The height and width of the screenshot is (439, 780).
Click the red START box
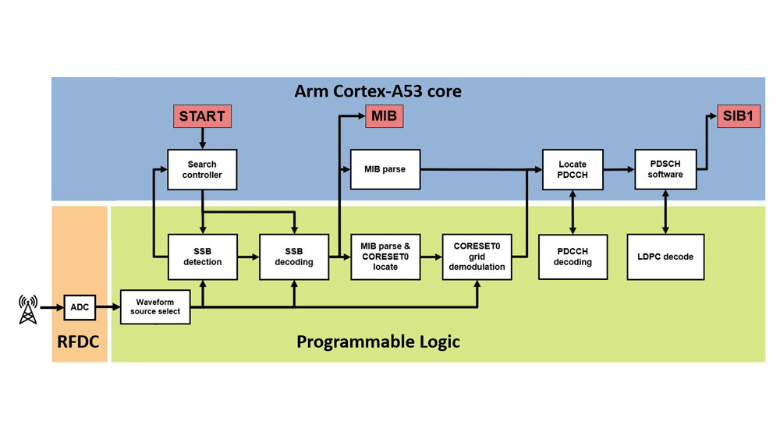[x=202, y=116]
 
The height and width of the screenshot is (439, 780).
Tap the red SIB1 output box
[x=739, y=117]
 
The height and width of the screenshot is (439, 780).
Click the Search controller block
[x=202, y=169]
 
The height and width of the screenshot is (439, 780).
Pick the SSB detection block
[x=202, y=257]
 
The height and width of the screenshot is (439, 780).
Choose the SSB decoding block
[x=294, y=257]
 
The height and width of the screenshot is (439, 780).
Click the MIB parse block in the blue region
[x=385, y=169]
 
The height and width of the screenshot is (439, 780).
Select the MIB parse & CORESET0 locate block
[x=385, y=257]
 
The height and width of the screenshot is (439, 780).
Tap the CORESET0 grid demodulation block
[x=477, y=257]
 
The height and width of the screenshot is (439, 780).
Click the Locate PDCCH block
[x=573, y=169]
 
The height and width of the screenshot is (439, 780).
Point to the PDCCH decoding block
[x=573, y=257]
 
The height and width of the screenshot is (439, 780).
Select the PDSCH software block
[x=665, y=169]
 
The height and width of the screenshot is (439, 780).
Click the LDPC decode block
[x=665, y=257]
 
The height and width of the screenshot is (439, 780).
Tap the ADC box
[x=80, y=307]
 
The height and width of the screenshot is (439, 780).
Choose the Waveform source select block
[x=155, y=306]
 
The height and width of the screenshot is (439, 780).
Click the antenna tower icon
[x=28, y=309]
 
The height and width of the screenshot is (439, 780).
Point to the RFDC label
[x=79, y=342]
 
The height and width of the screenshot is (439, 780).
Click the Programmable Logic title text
[x=378, y=342]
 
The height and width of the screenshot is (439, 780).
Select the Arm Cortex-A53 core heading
[x=378, y=91]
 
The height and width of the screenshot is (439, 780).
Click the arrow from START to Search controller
[x=202, y=138]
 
